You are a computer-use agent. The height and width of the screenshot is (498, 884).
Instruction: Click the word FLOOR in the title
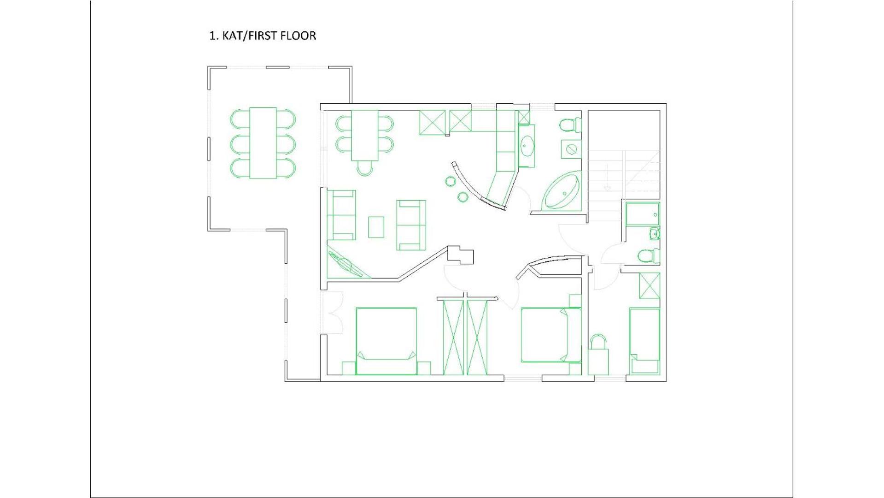[x=299, y=36]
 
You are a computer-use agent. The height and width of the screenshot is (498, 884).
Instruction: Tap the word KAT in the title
[x=233, y=36]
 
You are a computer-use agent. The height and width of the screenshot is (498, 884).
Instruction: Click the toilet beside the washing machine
[x=569, y=125]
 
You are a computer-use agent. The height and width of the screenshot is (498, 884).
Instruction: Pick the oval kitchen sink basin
[x=527, y=146]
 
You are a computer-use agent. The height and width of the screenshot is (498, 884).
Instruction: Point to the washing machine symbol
[x=571, y=148]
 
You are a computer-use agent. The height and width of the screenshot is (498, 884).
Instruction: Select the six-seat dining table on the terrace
[x=263, y=143]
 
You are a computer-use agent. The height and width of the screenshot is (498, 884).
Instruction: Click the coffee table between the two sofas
[x=376, y=227]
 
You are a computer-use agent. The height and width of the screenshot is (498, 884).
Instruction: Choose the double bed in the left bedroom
[x=386, y=341]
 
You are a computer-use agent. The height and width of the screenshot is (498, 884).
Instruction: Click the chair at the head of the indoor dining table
[x=365, y=168]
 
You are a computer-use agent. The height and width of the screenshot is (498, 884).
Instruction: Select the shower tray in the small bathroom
[x=643, y=214]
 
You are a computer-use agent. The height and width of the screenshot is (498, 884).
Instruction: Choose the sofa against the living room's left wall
[x=341, y=215]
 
